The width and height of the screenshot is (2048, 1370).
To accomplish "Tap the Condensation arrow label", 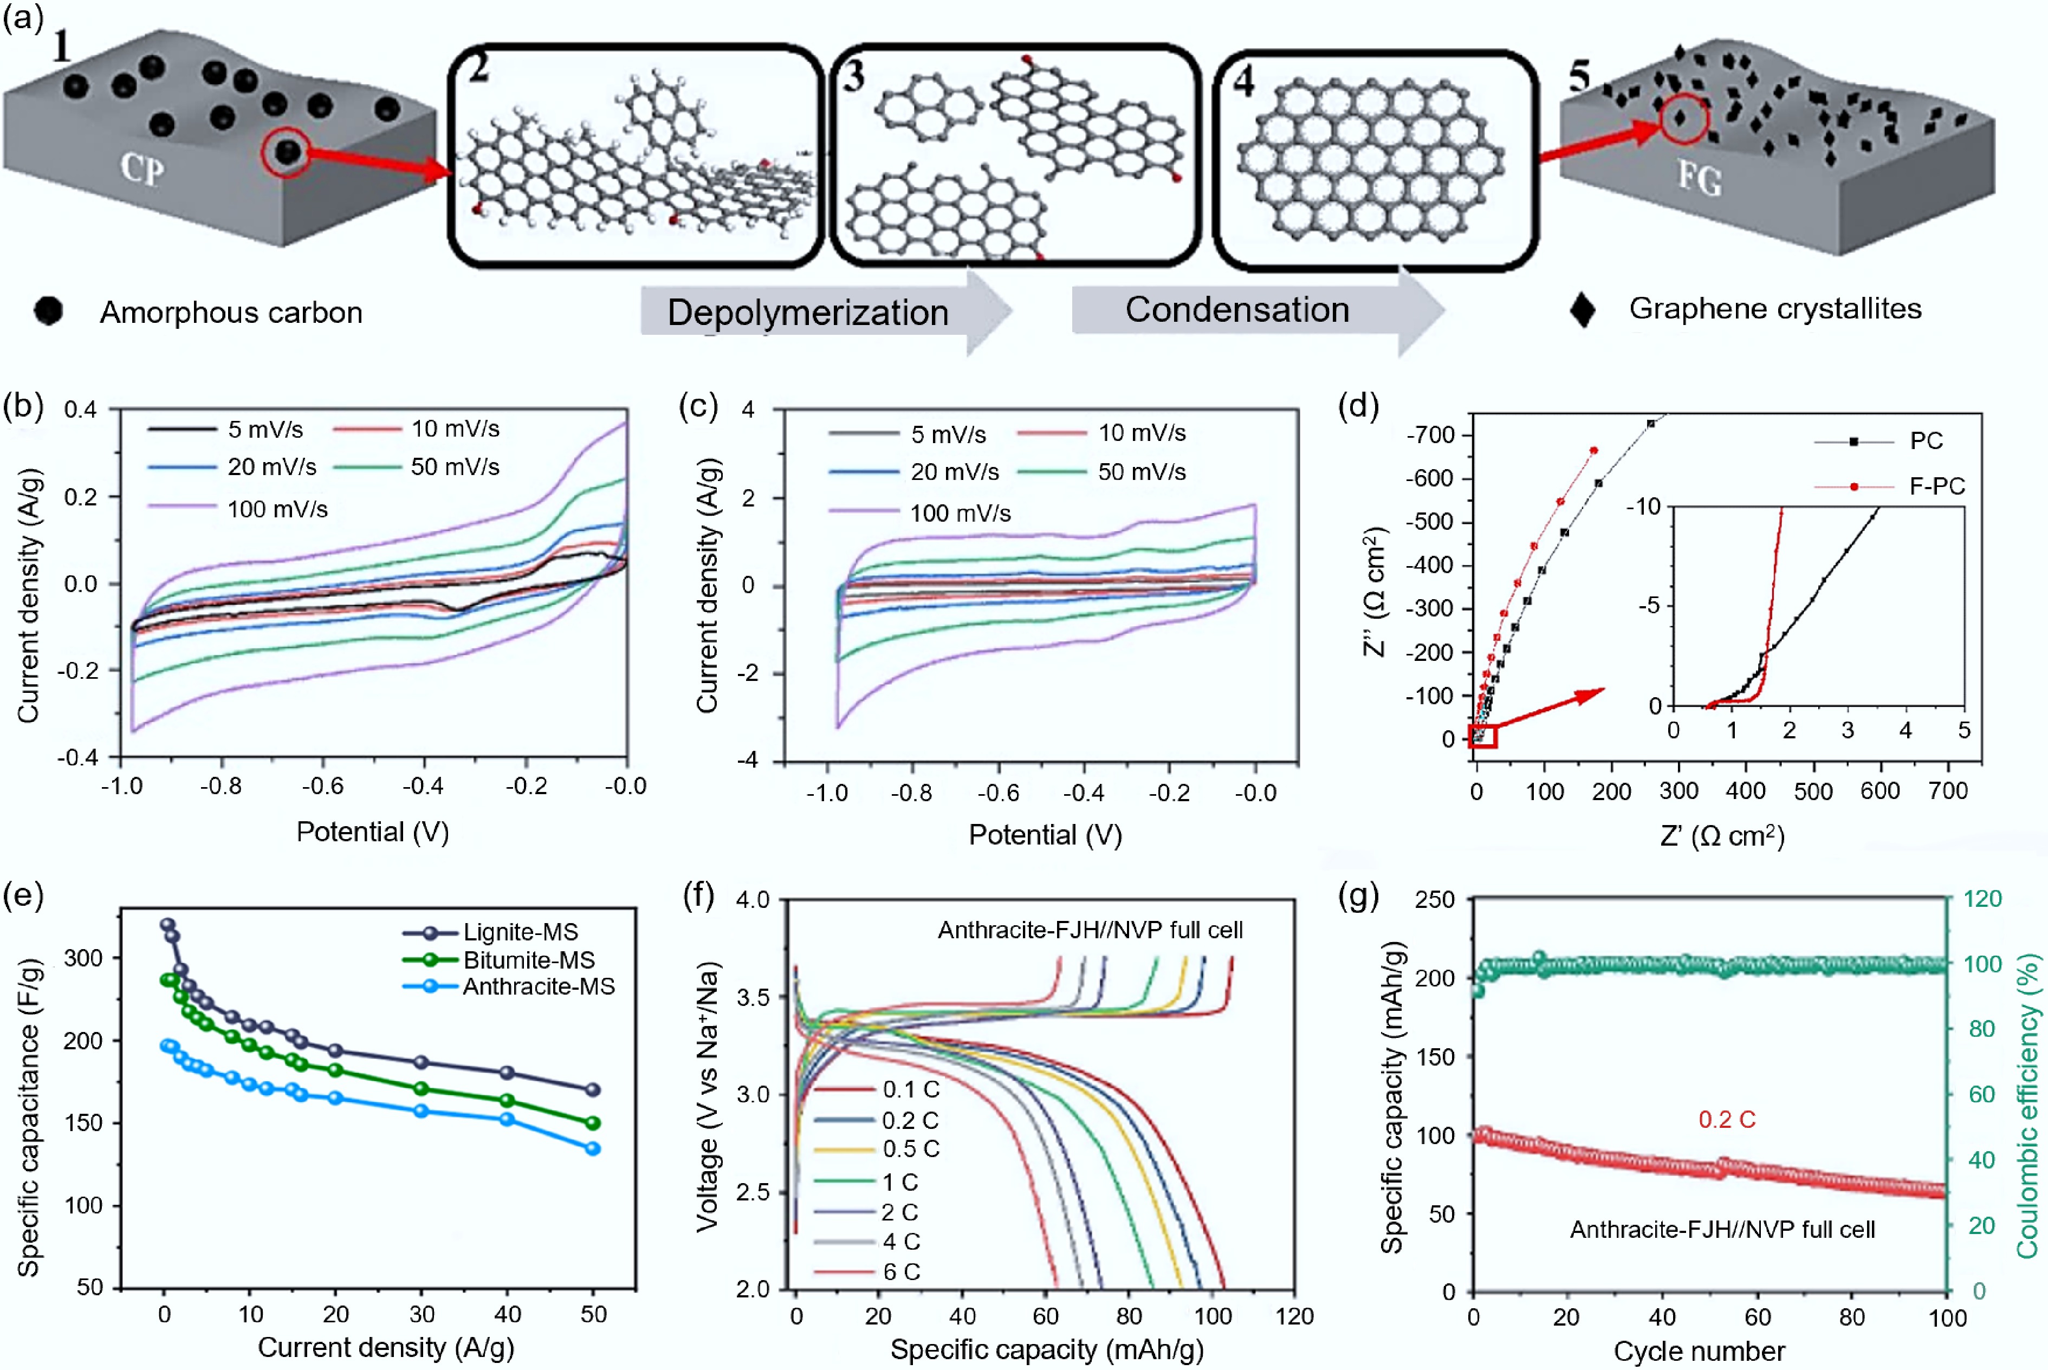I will tap(1236, 309).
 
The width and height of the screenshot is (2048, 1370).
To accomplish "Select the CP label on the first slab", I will tap(141, 168).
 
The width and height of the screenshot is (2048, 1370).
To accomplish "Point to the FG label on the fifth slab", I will tap(1700, 179).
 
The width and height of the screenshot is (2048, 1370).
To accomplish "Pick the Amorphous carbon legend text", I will tap(231, 312).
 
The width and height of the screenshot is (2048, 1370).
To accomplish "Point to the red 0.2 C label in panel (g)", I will tap(1727, 1119).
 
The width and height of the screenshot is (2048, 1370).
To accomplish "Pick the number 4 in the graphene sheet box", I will tap(1243, 81).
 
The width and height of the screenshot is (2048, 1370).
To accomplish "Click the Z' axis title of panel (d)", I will tap(1721, 836).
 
